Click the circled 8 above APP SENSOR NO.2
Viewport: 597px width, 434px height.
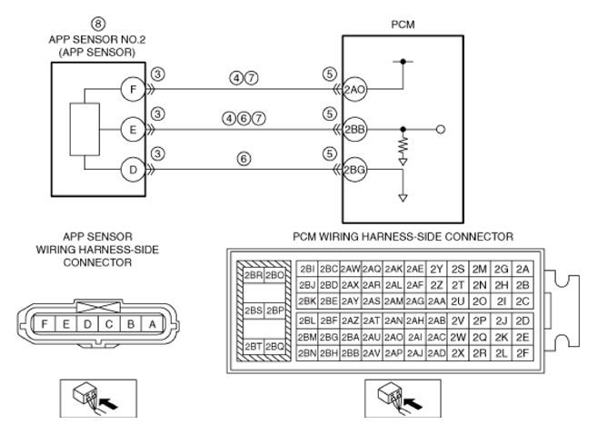pos(98,24)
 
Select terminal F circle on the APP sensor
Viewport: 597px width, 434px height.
pos(133,89)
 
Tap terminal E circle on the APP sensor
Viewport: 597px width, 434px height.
pos(133,130)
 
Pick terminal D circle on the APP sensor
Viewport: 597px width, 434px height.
pos(133,170)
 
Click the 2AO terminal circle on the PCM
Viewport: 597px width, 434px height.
pos(354,90)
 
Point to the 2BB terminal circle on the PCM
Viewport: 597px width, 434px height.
pos(354,130)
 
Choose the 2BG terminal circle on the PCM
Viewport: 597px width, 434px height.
pos(354,170)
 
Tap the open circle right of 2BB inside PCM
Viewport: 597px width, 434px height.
pos(441,130)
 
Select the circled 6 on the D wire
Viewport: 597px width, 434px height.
pos(244,159)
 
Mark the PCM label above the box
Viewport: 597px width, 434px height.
pos(403,25)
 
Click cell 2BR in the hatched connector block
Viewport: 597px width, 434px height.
pos(254,275)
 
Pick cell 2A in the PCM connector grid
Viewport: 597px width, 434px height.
pos(522,270)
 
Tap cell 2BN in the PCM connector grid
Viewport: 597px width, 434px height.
pos(307,353)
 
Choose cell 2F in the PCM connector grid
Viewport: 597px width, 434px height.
pos(522,353)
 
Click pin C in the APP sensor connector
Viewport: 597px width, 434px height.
pos(109,324)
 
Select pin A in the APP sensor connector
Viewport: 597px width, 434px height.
pos(153,324)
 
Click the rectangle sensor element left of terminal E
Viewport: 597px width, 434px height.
pos(85,129)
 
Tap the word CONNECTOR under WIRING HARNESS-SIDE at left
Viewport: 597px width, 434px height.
pos(97,262)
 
